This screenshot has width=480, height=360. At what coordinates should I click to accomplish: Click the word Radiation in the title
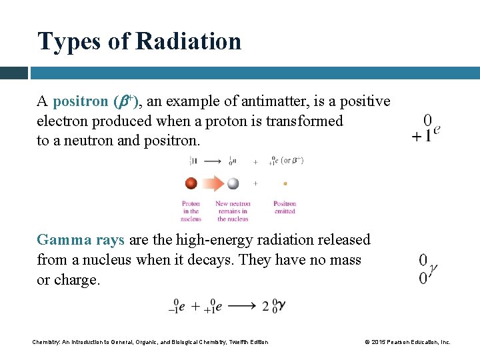click(x=188, y=41)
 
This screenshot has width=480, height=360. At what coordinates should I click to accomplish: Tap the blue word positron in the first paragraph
click(x=80, y=101)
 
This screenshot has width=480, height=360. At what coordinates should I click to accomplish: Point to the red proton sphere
click(x=191, y=183)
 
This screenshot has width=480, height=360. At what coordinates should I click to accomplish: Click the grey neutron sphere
click(x=233, y=183)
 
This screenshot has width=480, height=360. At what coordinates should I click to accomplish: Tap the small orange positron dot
click(x=285, y=183)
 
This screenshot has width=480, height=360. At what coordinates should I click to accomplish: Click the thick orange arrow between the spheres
click(x=211, y=183)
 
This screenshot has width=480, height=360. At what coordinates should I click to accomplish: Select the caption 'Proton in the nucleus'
click(x=191, y=211)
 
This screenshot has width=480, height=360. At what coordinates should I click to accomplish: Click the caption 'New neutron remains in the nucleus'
click(x=233, y=211)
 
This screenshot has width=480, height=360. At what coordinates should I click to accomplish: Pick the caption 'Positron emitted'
click(x=285, y=207)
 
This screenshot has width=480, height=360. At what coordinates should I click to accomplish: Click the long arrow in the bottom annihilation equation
click(x=241, y=307)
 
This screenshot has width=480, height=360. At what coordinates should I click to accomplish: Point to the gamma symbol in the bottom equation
click(x=281, y=305)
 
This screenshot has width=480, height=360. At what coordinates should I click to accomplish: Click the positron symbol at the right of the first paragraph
click(x=427, y=129)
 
